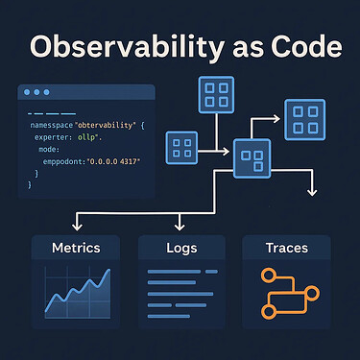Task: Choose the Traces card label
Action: [286, 249]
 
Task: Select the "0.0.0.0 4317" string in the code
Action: [111, 161]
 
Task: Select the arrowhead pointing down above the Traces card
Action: [310, 194]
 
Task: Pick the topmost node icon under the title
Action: [213, 94]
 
